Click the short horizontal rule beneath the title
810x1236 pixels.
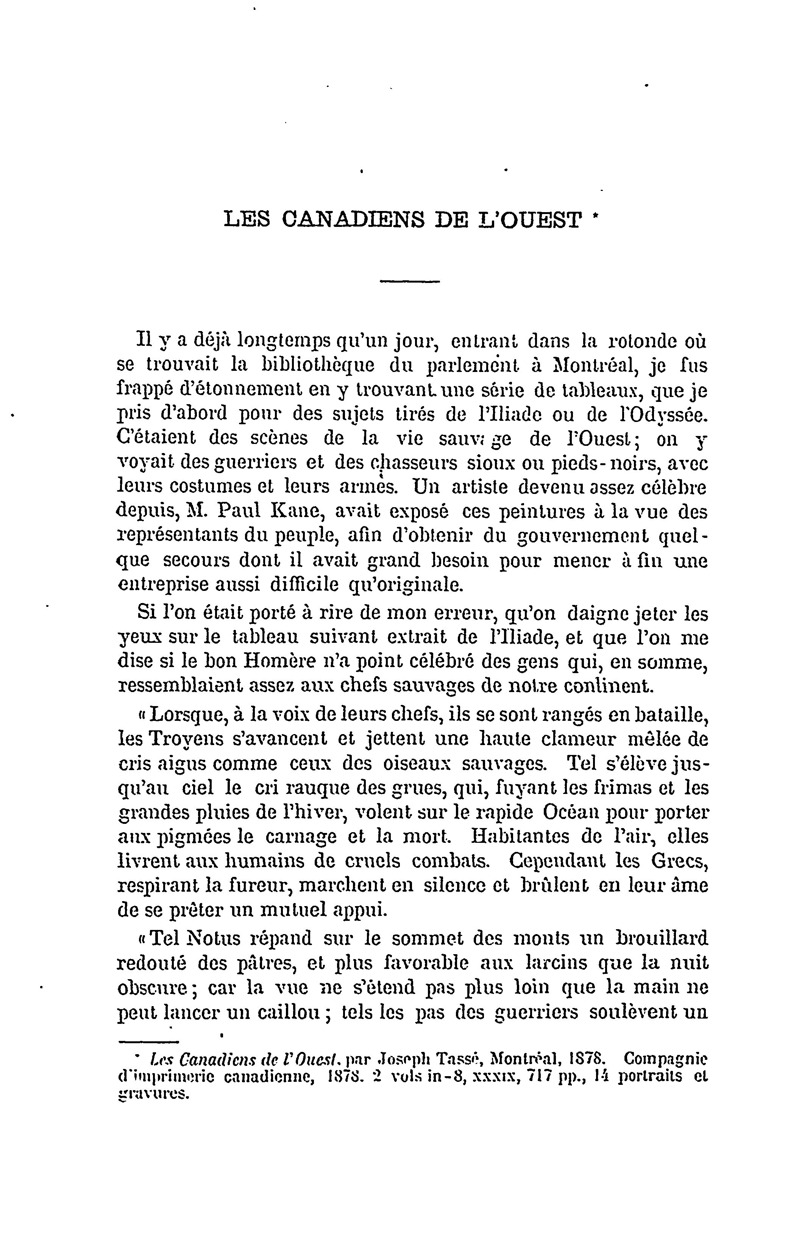[410, 281]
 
